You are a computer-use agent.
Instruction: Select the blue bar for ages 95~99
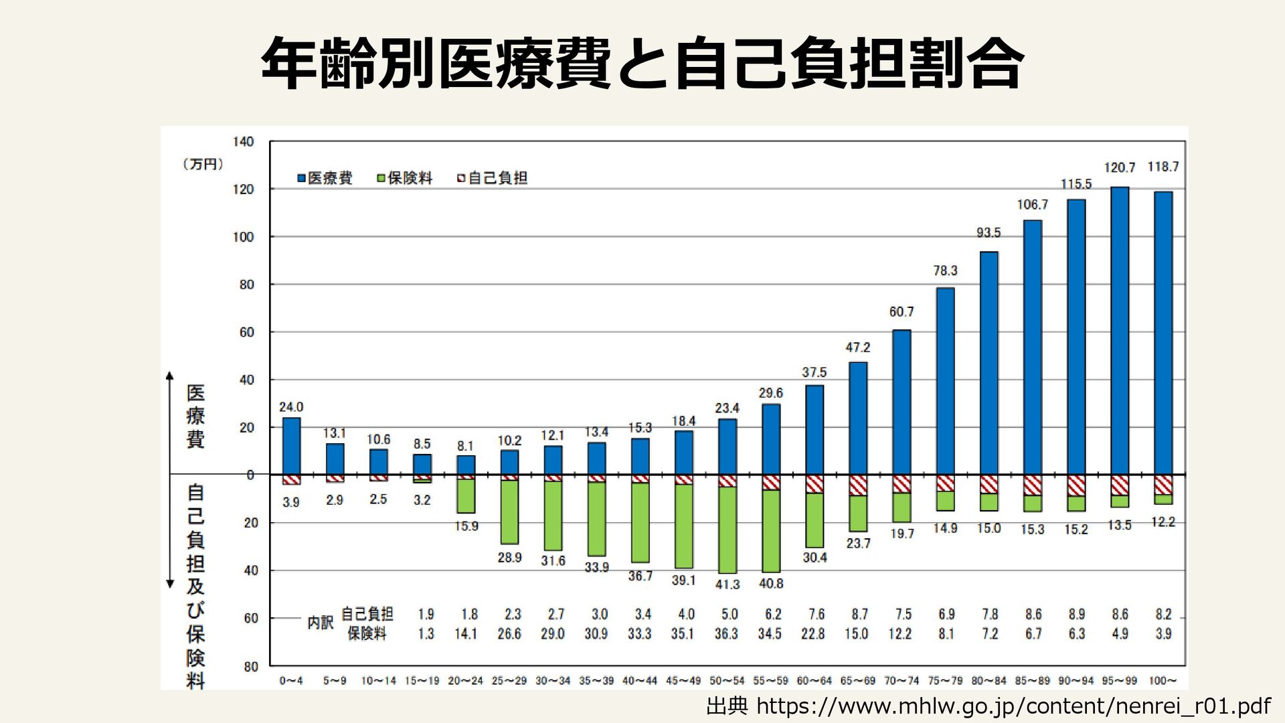(1120, 331)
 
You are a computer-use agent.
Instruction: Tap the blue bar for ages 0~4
(291, 446)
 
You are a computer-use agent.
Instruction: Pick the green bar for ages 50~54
(727, 530)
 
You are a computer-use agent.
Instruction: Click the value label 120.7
(1119, 168)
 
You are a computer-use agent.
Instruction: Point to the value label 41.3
(727, 584)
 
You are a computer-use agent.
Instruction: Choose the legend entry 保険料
(405, 178)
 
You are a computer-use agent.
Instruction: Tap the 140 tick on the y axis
(244, 141)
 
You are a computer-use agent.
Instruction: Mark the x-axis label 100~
(1163, 681)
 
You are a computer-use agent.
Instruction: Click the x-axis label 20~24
(465, 681)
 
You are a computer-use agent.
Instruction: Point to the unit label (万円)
(203, 164)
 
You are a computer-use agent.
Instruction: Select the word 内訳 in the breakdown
(321, 623)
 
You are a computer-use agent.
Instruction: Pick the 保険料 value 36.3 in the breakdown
(726, 633)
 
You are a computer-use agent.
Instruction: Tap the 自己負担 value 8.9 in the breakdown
(1076, 614)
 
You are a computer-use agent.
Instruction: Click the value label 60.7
(902, 312)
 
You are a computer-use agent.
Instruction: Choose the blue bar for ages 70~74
(902, 402)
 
